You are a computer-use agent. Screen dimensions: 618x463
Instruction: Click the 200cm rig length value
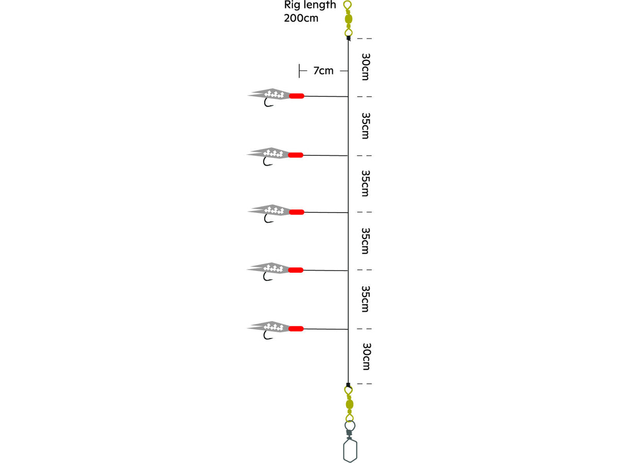(x=301, y=19)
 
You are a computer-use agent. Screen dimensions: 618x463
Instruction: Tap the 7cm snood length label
(x=323, y=70)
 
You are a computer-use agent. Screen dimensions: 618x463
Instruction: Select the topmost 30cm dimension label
(x=366, y=67)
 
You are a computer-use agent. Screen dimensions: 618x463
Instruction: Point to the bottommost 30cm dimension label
(x=366, y=356)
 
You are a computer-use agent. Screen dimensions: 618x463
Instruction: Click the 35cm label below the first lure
(x=366, y=126)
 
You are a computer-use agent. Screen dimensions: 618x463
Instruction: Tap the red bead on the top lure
(x=297, y=96)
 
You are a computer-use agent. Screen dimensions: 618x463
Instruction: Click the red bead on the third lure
(x=297, y=212)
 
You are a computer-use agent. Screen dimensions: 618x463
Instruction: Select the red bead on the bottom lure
(x=296, y=329)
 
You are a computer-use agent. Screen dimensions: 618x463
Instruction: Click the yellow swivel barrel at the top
(x=349, y=19)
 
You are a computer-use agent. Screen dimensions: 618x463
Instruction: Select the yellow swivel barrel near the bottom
(x=349, y=404)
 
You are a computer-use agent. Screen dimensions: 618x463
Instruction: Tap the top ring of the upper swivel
(x=348, y=5)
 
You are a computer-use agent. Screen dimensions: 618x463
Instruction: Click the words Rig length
(x=310, y=5)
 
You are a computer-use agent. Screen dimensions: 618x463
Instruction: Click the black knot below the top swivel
(x=349, y=39)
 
